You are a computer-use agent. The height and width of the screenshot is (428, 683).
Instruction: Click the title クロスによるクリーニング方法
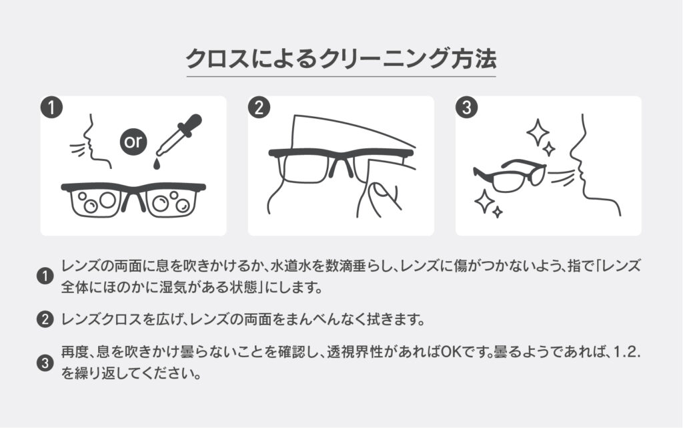point(341,59)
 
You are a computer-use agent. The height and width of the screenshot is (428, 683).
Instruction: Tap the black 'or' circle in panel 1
point(133,142)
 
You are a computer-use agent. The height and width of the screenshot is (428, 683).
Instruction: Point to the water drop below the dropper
point(156,164)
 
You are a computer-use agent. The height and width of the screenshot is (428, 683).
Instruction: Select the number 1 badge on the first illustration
point(51,108)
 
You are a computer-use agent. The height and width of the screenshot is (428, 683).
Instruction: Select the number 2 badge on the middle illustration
point(259,108)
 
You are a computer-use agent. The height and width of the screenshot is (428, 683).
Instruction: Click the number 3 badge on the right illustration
point(466,108)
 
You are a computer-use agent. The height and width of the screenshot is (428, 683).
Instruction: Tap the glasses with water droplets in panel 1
point(133,199)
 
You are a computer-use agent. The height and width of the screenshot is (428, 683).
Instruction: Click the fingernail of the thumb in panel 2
point(379,190)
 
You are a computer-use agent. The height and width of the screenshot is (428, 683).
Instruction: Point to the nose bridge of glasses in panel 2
point(341,165)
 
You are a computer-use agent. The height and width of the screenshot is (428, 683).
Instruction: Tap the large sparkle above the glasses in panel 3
point(537,131)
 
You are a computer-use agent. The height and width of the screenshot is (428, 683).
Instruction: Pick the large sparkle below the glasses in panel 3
point(484,202)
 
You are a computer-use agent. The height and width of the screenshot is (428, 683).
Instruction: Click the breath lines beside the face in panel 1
point(77,148)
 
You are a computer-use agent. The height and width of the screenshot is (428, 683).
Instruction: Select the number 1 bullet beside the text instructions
point(45,276)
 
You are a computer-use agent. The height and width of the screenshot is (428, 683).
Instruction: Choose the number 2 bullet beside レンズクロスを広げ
point(45,319)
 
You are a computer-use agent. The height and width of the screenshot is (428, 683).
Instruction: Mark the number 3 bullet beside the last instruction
point(45,363)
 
